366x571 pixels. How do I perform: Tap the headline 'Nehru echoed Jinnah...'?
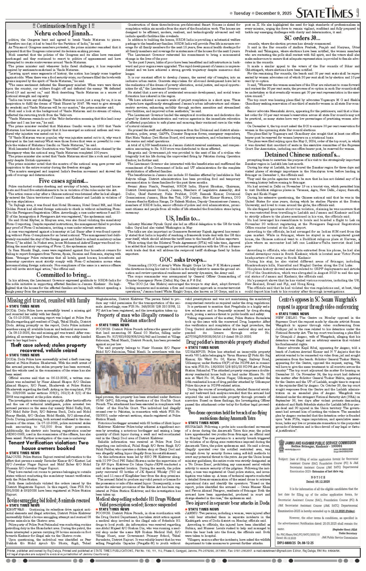pos(63,33)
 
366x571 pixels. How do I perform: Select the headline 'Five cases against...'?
pos(63,181)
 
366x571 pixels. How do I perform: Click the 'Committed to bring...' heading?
pos(63,275)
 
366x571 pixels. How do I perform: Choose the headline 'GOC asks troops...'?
pos(183,260)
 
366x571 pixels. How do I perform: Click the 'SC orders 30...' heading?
pos(302,38)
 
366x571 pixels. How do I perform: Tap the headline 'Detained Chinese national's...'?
pos(302,155)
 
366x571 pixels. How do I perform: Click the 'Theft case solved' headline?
pos(48,348)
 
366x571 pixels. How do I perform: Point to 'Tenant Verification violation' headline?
pos(48,445)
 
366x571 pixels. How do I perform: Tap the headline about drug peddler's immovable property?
pos(228,342)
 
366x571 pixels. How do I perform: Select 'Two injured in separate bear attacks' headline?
pos(228,503)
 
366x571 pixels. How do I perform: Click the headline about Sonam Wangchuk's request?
pos(318,303)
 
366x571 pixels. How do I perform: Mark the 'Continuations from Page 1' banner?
pos(63,26)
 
